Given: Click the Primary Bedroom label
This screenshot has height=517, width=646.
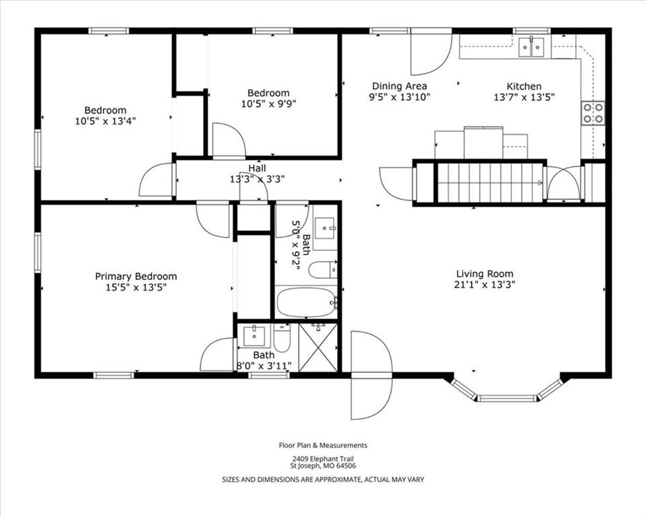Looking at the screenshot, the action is pos(136,276).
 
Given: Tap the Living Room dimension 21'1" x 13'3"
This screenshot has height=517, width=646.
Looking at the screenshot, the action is pos(485,285).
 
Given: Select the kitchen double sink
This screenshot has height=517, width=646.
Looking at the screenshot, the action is pos(532,46).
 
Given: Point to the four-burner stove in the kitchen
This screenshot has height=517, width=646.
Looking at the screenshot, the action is pos(593,113).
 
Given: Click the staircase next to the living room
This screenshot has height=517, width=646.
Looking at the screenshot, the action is pos(490,182).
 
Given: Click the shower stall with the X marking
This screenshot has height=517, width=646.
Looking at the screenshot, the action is pos(318,347).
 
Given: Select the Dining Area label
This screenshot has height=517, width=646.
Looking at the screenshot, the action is pos(399,86).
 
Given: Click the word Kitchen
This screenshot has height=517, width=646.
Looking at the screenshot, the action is pos(524,87).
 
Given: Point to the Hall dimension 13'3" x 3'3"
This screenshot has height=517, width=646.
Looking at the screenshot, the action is pos(257,179).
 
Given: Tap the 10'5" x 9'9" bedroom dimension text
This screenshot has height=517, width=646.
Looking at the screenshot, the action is pos(268,104).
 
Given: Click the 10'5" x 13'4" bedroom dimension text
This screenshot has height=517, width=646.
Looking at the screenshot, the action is pos(106,121).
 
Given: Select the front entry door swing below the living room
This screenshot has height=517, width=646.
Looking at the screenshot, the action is pos(370,375).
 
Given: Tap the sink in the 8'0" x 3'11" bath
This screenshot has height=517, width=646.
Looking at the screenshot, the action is pos(254,336).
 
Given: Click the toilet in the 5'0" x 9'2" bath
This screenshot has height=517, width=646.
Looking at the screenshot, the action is pos(323,270).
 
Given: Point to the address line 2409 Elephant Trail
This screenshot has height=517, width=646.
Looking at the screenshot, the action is pos(323,458).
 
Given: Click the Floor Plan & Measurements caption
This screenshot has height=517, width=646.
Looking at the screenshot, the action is pos(323,445).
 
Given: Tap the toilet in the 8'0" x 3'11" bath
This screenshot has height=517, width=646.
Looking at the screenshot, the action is pos(282,337).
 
